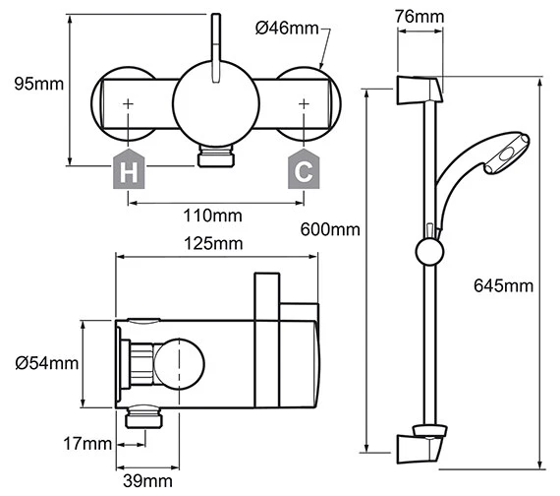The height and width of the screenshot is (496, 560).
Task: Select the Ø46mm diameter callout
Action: coord(287,29)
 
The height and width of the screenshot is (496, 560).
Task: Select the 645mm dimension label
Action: coord(503,285)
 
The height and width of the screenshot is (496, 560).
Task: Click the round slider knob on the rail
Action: coord(428,252)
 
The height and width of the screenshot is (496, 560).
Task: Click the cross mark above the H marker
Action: coord(129,102)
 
